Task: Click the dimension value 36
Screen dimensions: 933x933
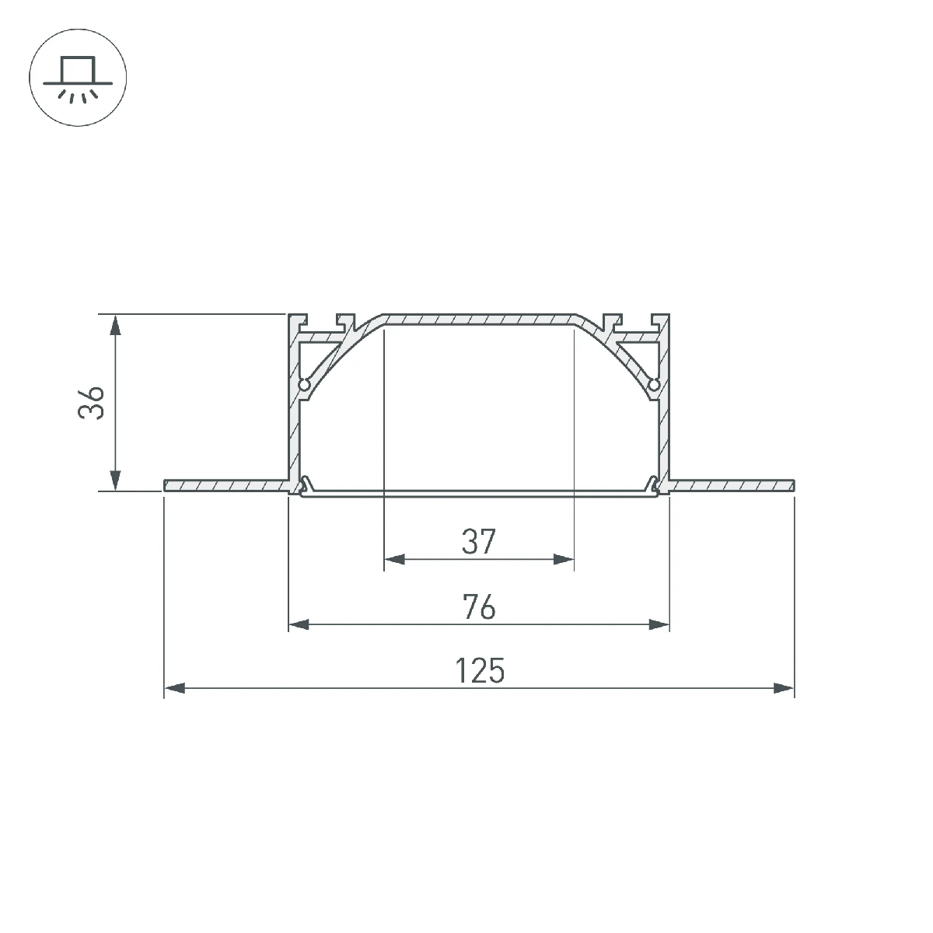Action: click(x=90, y=403)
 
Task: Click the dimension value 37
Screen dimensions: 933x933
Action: click(x=479, y=542)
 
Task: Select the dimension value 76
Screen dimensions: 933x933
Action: click(x=479, y=607)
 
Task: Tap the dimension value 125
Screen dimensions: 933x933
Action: click(x=480, y=670)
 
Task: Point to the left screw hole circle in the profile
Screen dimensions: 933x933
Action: click(x=304, y=385)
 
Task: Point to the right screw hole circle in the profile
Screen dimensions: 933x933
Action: click(x=654, y=385)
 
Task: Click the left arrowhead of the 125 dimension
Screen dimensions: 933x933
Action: click(x=174, y=688)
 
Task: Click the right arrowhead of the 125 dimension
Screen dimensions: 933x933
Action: click(x=784, y=688)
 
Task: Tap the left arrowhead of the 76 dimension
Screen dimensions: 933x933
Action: click(x=299, y=624)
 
